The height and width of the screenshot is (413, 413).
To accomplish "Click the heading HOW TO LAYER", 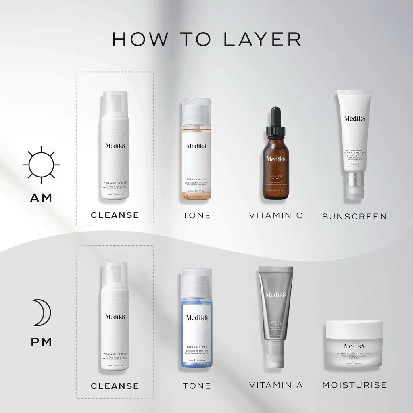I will (206, 39).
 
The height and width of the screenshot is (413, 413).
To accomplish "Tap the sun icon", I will (41, 165).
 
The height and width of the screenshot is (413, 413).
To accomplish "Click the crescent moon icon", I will (42, 312).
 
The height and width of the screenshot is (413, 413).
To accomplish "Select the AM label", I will (41, 198).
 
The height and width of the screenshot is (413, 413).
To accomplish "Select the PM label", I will (42, 342).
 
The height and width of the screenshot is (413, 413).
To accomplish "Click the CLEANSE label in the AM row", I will (115, 215).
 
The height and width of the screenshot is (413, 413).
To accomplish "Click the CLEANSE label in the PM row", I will (115, 386).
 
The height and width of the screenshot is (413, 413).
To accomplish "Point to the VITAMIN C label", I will (275, 215).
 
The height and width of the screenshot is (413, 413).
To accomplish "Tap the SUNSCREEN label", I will (354, 217).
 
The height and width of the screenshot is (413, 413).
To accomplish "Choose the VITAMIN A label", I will (275, 385).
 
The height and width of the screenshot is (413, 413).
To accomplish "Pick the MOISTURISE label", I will (354, 385).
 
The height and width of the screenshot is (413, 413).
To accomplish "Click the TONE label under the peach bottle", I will (196, 215).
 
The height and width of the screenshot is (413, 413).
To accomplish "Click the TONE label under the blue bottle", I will (196, 386).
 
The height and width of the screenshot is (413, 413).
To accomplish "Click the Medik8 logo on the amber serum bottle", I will (275, 159).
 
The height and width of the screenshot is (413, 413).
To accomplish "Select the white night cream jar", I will (354, 344).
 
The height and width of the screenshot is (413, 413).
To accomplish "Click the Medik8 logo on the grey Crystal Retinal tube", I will (275, 295).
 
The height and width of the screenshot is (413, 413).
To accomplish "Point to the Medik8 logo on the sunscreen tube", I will (354, 118).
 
